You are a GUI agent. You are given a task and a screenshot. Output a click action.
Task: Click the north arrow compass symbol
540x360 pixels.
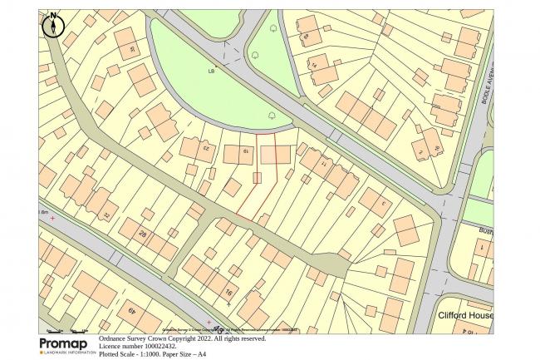pos(53,25)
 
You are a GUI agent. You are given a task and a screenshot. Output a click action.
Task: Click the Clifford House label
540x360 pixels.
pos(465,317)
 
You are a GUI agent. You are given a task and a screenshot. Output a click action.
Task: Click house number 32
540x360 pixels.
pos(106,215)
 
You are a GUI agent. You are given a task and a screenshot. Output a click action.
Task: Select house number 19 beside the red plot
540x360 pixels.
pos(245,152)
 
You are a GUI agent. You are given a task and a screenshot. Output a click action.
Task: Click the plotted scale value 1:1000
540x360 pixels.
pos(158,353)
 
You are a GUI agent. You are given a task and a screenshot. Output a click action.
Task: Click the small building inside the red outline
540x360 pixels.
pos(257,177)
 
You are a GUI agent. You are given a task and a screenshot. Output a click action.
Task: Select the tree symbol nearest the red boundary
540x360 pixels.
pos(272,117)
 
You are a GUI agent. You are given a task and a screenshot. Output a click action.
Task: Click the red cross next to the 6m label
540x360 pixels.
pos(52,218)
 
